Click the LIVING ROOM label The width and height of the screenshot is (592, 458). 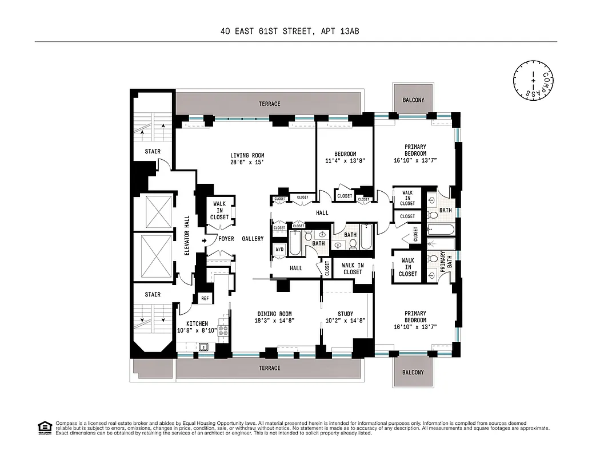pos(247,155)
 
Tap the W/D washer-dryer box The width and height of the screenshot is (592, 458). pos(280,250)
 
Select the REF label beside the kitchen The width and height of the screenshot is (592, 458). pos(205,298)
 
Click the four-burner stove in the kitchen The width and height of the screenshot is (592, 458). pos(223,330)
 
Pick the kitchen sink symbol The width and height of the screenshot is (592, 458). pos(203,346)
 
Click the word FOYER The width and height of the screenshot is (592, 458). pos(226,239)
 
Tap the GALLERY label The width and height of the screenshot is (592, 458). pos(253,239)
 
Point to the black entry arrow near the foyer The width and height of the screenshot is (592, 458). pos(204,240)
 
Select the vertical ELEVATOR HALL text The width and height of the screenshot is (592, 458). pos(187,235)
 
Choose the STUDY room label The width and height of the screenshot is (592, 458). pos(345,314)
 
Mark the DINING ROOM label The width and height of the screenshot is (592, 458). pos(274,314)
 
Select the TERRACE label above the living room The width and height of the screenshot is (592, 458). pos(269,104)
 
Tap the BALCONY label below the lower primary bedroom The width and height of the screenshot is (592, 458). pos(413,372)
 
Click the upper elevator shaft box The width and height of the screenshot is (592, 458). pos(158,211)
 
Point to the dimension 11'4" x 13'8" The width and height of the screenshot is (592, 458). pos(345,161)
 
